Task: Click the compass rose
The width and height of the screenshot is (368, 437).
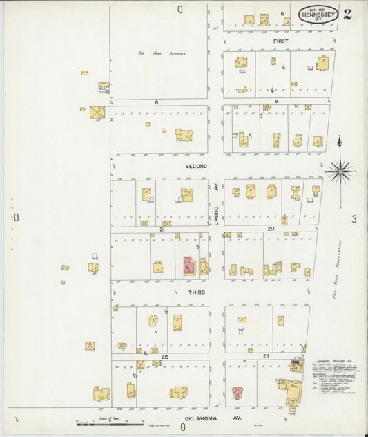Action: pyautogui.click(x=339, y=170)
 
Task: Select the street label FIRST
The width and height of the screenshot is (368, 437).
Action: pyautogui.click(x=280, y=41)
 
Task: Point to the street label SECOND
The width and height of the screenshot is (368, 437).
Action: pyautogui.click(x=196, y=167)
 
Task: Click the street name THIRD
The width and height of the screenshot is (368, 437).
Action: pyautogui.click(x=196, y=292)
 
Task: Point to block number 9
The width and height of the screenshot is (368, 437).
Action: pyautogui.click(x=275, y=102)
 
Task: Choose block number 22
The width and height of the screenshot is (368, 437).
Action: pyautogui.click(x=164, y=356)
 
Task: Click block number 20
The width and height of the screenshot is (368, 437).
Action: pyautogui.click(x=271, y=228)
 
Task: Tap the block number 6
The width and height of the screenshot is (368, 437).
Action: pyautogui.click(x=282, y=14)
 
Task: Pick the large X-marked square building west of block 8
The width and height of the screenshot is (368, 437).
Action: pyautogui.click(x=96, y=112)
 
